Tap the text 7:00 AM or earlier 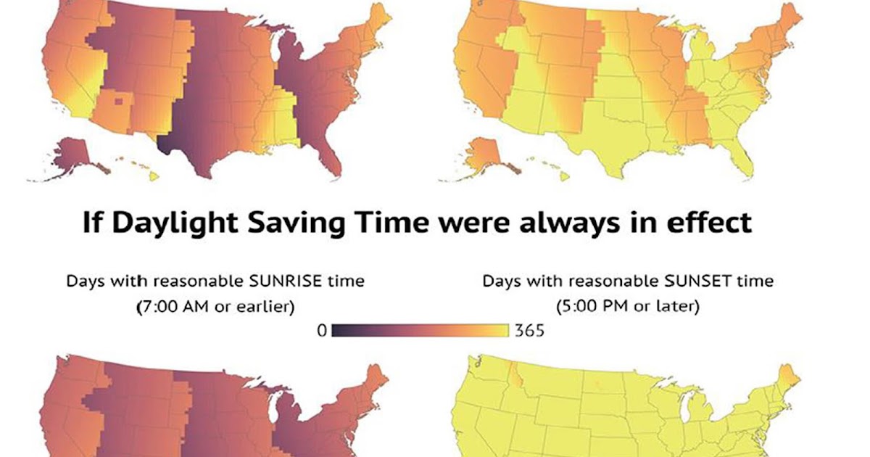tap(216, 307)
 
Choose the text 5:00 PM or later tap(628, 307)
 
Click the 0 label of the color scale tap(322, 332)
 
